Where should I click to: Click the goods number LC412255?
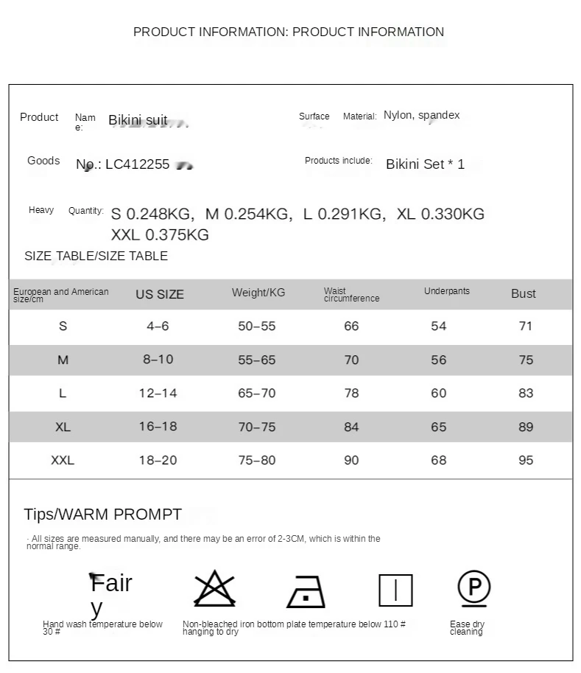(x=137, y=164)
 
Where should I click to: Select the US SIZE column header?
(x=160, y=294)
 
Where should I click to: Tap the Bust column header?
(x=524, y=293)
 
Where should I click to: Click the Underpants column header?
(x=447, y=291)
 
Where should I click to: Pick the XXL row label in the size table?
(x=63, y=460)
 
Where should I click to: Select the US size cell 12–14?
(x=158, y=393)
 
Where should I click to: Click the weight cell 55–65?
(x=257, y=360)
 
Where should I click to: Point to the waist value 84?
(x=351, y=427)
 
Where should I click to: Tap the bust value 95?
(x=526, y=460)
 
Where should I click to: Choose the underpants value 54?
(x=439, y=326)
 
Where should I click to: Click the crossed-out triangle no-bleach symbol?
(x=214, y=589)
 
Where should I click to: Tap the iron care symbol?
(x=306, y=591)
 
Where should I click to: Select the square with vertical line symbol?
(x=395, y=590)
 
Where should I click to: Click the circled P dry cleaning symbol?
(x=474, y=587)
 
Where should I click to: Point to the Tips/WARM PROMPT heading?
(x=102, y=515)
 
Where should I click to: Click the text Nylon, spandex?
(x=422, y=115)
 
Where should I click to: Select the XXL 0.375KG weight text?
(x=160, y=235)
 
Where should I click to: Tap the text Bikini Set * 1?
(x=425, y=164)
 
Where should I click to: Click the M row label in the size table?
(x=63, y=360)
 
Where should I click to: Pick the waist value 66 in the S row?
(x=351, y=326)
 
